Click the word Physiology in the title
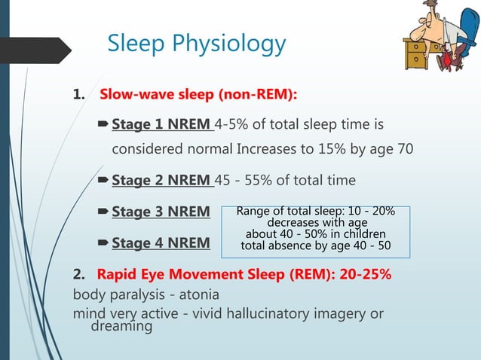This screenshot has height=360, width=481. tap(231, 44)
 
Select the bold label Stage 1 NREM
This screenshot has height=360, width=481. tap(162, 124)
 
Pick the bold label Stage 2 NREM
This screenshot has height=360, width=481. tap(162, 181)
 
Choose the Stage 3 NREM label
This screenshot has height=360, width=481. tap(161, 212)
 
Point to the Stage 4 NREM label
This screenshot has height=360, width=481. tap(161, 243)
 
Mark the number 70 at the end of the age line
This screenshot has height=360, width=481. tap(405, 148)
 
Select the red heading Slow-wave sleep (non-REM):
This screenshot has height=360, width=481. tap(198, 95)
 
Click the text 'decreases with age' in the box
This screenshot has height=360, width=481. tap(316, 223)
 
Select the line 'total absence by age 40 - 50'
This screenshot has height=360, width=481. tap(316, 246)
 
